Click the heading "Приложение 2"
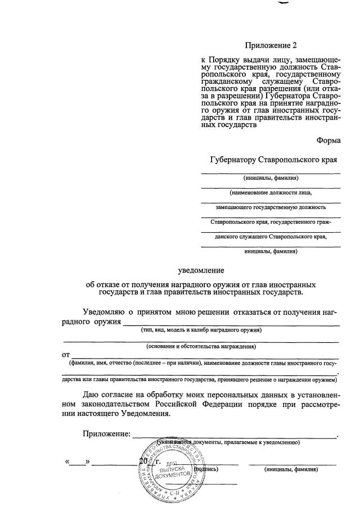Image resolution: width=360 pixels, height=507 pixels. pyautogui.click(x=271, y=46)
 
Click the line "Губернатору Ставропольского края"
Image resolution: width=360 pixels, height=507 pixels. pyautogui.click(x=273, y=160)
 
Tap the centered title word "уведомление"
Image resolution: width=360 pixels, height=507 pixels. pyautogui.click(x=201, y=270)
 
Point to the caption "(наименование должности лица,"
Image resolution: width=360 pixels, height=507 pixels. pyautogui.click(x=271, y=193)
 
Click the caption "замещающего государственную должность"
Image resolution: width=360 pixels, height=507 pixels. pyautogui.click(x=271, y=207)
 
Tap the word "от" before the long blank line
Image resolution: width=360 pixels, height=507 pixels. pyautogui.click(x=66, y=355)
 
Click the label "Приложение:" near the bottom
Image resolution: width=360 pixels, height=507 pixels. pyautogui.click(x=106, y=433)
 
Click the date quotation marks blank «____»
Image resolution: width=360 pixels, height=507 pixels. pyautogui.click(x=78, y=462)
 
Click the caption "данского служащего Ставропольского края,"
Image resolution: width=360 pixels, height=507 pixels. pyautogui.click(x=271, y=237)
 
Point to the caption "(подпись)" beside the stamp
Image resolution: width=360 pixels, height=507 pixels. pyautogui.click(x=206, y=468)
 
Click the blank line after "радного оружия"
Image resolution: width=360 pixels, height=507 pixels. pyautogui.click(x=231, y=324)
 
